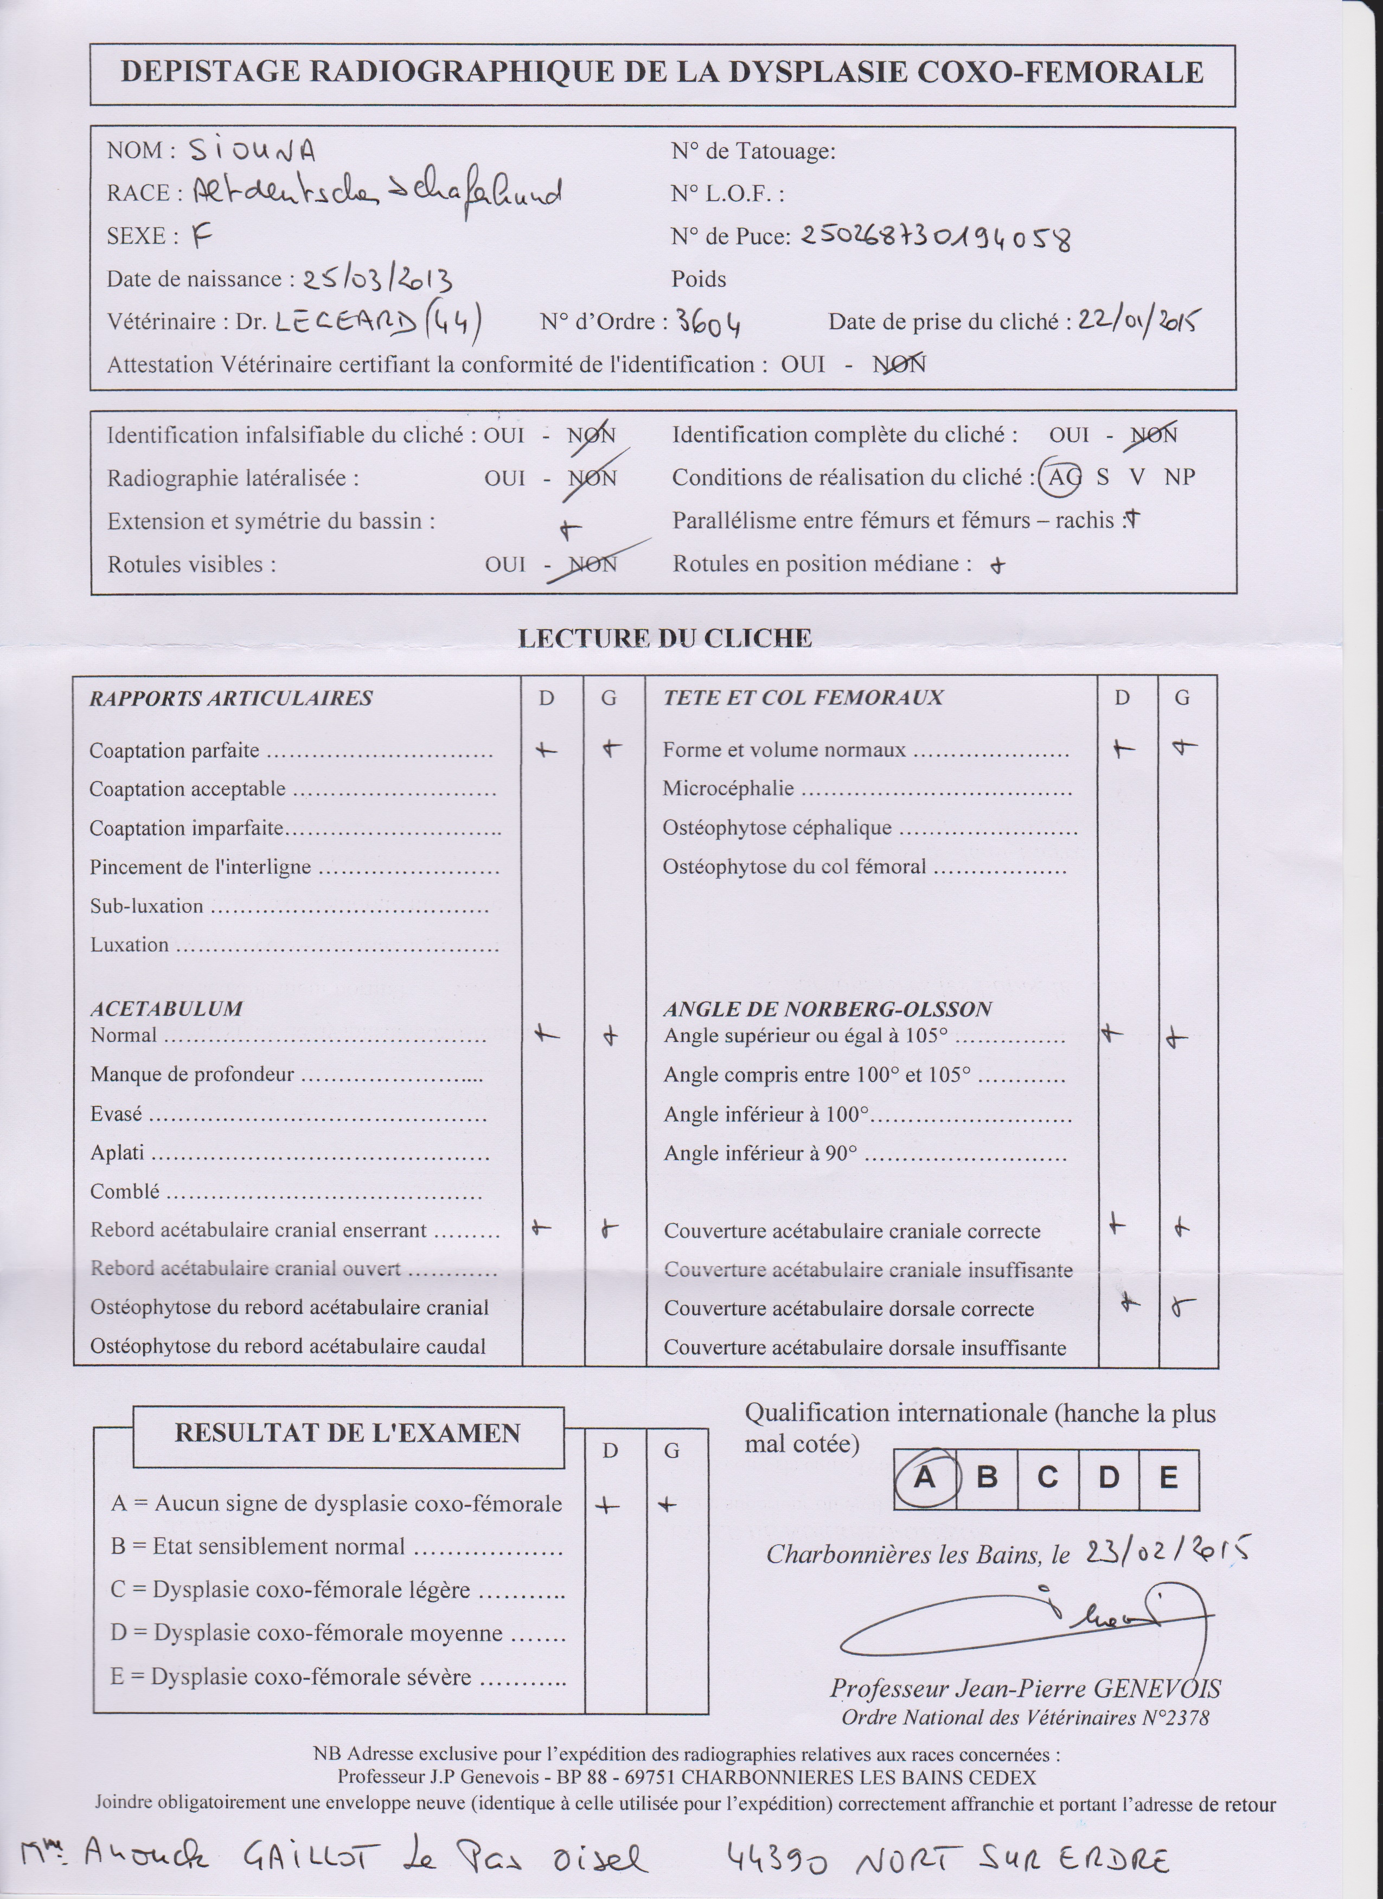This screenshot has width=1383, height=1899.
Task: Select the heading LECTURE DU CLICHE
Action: click(x=665, y=638)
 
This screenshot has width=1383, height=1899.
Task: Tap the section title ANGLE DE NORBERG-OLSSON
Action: click(x=827, y=1009)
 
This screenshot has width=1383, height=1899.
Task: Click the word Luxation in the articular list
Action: click(x=130, y=944)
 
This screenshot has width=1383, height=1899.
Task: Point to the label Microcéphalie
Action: click(x=727, y=788)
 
